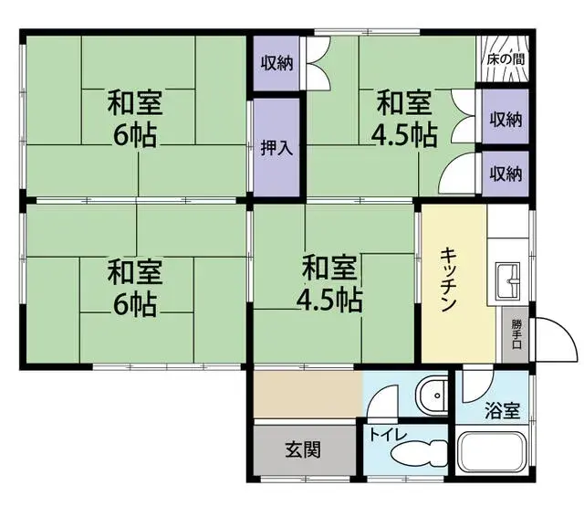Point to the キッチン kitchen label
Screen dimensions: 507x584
click(x=447, y=281)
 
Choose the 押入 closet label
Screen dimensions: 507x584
click(x=276, y=147)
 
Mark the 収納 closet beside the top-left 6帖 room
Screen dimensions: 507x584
click(x=276, y=63)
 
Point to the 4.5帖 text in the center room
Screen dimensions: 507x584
click(x=328, y=299)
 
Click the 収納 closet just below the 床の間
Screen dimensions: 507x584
click(x=505, y=119)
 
